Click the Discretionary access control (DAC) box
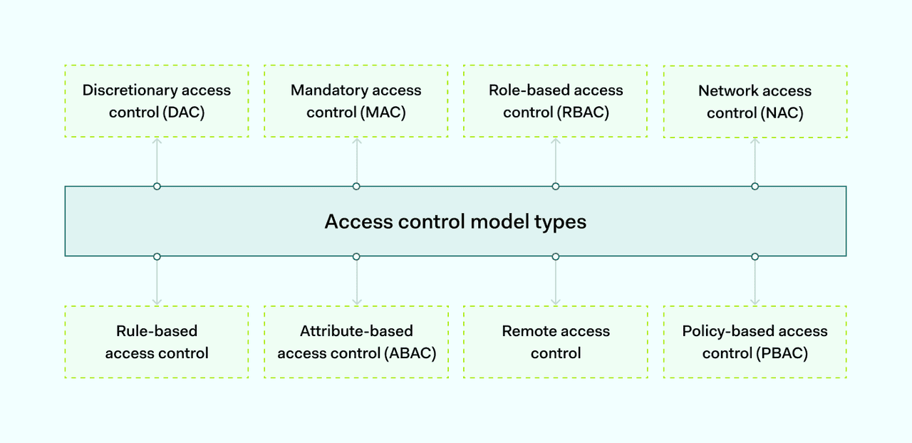(x=157, y=101)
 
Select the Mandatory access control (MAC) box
(x=356, y=101)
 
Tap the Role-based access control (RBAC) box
(x=556, y=101)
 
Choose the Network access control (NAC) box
(x=755, y=102)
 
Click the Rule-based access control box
(x=157, y=342)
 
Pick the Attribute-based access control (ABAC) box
(x=356, y=342)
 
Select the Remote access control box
(x=556, y=342)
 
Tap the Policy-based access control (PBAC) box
(x=755, y=342)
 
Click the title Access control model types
(x=455, y=221)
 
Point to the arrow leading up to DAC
(x=157, y=160)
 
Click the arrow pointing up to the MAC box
(x=356, y=160)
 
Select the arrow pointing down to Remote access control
(x=556, y=282)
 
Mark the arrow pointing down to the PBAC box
(x=755, y=282)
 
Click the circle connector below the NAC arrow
(x=755, y=187)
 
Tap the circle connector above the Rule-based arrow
(x=157, y=256)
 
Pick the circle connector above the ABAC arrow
(x=356, y=256)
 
